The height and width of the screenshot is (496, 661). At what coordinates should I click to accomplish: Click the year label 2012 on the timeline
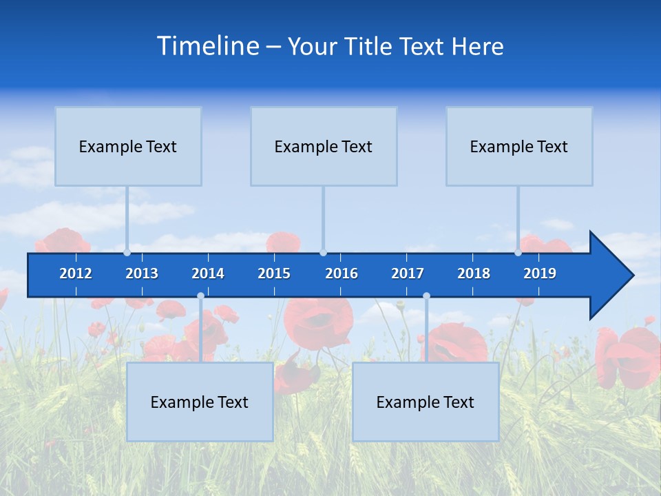click(76, 273)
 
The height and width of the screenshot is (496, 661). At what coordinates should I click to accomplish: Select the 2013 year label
click(142, 273)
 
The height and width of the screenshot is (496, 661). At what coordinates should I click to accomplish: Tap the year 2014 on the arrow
click(208, 273)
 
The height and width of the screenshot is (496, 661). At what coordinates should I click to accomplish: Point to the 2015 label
click(274, 273)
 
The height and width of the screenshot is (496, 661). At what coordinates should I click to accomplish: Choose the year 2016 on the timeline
click(342, 273)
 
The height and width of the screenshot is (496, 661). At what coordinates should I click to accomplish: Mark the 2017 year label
click(408, 273)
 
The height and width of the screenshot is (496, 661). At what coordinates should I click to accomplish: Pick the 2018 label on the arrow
click(474, 273)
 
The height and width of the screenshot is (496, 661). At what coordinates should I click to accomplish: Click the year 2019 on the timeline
click(540, 273)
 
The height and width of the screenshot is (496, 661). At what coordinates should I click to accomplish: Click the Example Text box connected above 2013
click(128, 146)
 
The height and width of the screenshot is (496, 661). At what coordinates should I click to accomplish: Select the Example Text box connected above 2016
click(324, 146)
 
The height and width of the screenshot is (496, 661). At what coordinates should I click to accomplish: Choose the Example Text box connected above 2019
click(519, 146)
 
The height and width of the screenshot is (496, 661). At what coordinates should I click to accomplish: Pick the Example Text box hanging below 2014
click(200, 402)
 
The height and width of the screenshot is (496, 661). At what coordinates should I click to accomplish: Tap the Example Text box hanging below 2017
click(426, 402)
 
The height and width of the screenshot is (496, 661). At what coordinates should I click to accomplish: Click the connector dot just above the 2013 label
click(127, 253)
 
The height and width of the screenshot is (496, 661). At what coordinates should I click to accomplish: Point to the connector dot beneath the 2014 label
click(200, 296)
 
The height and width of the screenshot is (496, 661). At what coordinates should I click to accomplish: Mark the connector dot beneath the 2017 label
click(426, 296)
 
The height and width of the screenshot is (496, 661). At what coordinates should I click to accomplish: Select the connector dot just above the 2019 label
click(518, 253)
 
